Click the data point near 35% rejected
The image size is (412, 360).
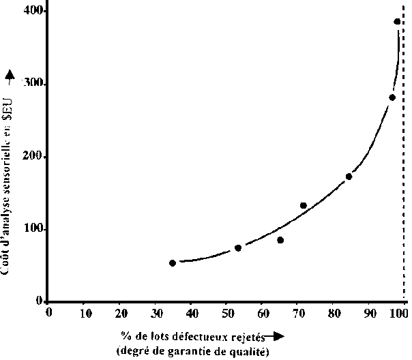[173, 262]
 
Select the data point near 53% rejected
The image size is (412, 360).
[238, 248]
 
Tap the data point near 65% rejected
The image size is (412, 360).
[280, 240]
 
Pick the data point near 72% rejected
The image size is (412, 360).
[304, 205]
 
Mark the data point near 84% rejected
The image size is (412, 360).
[349, 177]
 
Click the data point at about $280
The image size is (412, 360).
[392, 97]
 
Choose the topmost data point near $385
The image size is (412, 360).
[397, 22]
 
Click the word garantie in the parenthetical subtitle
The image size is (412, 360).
[190, 351]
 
